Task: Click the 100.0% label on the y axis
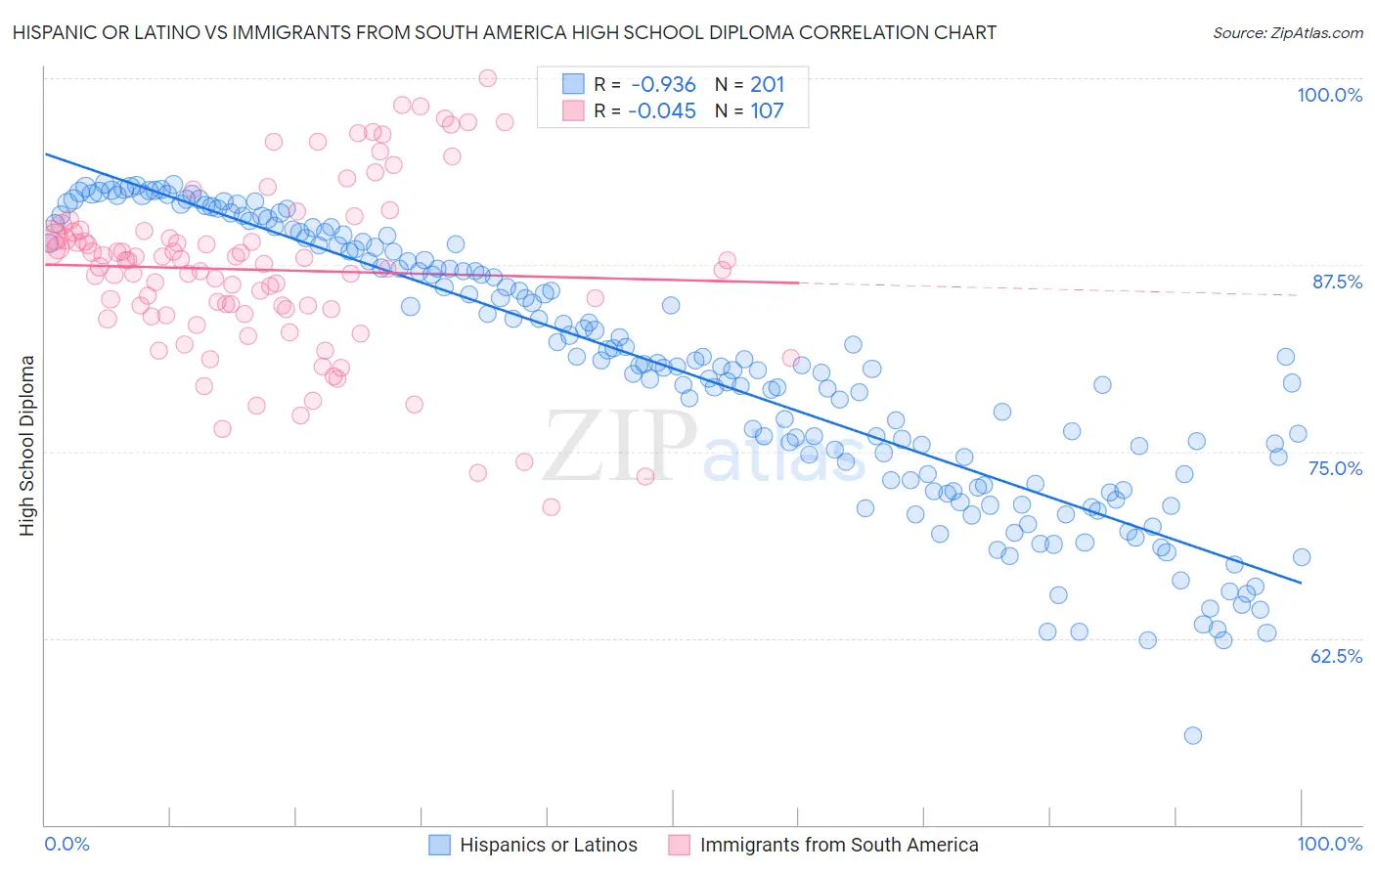(1329, 95)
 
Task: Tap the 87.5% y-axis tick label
(1336, 282)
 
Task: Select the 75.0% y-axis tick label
(1335, 468)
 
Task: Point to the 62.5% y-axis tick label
(1336, 656)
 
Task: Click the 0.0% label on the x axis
(67, 844)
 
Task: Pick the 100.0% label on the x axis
(1329, 844)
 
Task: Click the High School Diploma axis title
(27, 445)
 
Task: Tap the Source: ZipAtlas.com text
(1287, 32)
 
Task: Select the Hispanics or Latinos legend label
(548, 845)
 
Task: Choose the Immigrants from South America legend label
(839, 845)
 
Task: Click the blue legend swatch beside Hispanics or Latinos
(440, 845)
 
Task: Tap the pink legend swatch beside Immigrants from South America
(680, 845)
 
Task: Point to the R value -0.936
(663, 85)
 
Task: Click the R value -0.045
(663, 111)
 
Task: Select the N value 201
(767, 85)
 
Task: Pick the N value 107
(767, 111)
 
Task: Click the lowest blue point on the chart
(1192, 735)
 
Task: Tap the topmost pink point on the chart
(487, 78)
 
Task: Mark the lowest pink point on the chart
(551, 506)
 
